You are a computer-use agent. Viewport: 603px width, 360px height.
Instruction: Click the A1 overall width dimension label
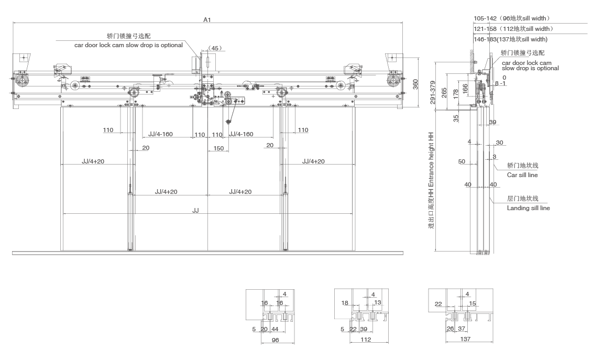click(x=207, y=19)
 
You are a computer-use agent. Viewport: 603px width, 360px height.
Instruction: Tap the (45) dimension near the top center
click(x=214, y=48)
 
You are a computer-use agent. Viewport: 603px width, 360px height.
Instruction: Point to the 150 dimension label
click(x=218, y=148)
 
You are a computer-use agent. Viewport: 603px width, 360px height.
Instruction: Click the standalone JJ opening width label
click(x=195, y=210)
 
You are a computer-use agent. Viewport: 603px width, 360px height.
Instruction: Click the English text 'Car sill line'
click(x=522, y=175)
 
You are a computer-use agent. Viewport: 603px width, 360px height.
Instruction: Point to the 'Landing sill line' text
click(x=528, y=208)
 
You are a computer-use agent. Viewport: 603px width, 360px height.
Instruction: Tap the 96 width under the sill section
click(x=277, y=340)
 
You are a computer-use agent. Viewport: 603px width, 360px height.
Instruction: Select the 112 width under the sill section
click(x=365, y=340)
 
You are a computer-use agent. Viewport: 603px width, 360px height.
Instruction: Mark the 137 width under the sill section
click(x=465, y=340)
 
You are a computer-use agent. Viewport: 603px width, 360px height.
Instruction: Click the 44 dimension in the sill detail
click(x=275, y=329)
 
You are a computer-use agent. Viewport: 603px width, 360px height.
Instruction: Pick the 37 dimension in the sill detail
click(x=462, y=329)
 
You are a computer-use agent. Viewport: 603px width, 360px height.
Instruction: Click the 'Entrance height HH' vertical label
click(x=432, y=178)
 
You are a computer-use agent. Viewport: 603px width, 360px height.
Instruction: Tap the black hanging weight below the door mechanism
click(x=229, y=122)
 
